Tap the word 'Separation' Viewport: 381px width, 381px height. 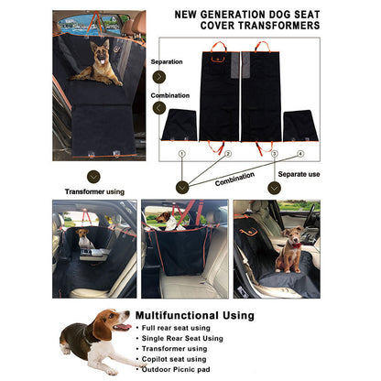coord(167,62)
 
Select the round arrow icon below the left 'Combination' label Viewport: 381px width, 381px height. coord(159,107)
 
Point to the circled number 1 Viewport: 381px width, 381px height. coord(181,154)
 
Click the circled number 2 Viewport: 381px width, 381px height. coord(227,154)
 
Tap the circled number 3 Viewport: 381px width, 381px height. coord(274,154)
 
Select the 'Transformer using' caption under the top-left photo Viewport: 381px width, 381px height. coord(95,191)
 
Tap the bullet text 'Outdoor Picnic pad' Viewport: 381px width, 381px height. coord(180,369)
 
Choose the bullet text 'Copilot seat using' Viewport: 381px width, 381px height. coord(178,359)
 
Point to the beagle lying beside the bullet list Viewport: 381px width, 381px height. coord(92,339)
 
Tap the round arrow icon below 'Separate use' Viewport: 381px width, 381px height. coord(273,187)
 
